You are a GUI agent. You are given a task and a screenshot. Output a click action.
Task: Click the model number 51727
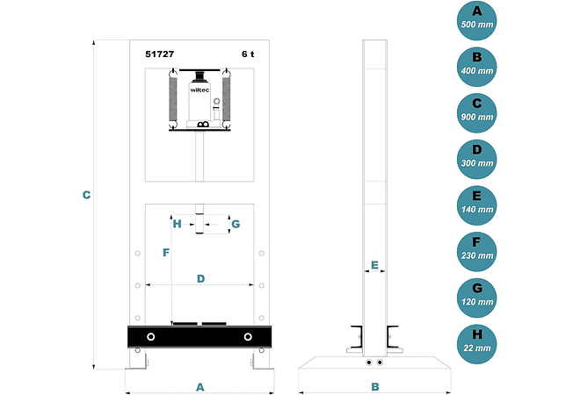click(x=160, y=54)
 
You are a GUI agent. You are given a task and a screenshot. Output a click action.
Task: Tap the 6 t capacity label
click(x=248, y=54)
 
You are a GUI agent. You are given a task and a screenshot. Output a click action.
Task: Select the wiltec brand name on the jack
click(x=199, y=90)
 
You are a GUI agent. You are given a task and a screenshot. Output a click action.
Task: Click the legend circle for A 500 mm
click(x=477, y=20)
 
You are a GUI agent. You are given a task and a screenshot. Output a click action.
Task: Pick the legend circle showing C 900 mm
click(x=477, y=112)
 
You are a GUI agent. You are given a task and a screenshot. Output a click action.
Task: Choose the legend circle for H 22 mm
click(x=477, y=343)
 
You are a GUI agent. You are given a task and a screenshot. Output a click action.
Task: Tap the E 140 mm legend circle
click(x=477, y=205)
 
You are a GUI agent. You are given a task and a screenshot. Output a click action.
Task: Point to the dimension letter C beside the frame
click(x=86, y=195)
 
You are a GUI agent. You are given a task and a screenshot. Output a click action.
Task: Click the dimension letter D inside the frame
click(x=200, y=278)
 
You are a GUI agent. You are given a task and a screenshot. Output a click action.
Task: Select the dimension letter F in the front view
click(x=166, y=253)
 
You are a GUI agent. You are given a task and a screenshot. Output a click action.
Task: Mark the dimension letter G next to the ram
click(x=236, y=224)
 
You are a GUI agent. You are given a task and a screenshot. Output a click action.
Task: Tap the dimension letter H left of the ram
click(x=178, y=224)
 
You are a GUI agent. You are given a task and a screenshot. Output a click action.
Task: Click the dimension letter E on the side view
click(x=374, y=265)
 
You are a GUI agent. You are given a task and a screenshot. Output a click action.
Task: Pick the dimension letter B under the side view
click(x=375, y=387)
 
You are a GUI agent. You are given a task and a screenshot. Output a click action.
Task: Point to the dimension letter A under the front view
click(x=200, y=387)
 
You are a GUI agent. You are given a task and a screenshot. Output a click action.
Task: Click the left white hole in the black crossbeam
click(x=151, y=337)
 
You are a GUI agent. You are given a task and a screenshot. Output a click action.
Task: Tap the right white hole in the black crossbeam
click(x=248, y=337)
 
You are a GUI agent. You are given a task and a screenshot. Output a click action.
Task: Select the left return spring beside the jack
click(x=173, y=99)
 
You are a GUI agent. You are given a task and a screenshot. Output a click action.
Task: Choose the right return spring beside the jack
click(x=227, y=99)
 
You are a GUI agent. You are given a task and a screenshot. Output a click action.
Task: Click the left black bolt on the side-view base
click(x=368, y=363)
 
